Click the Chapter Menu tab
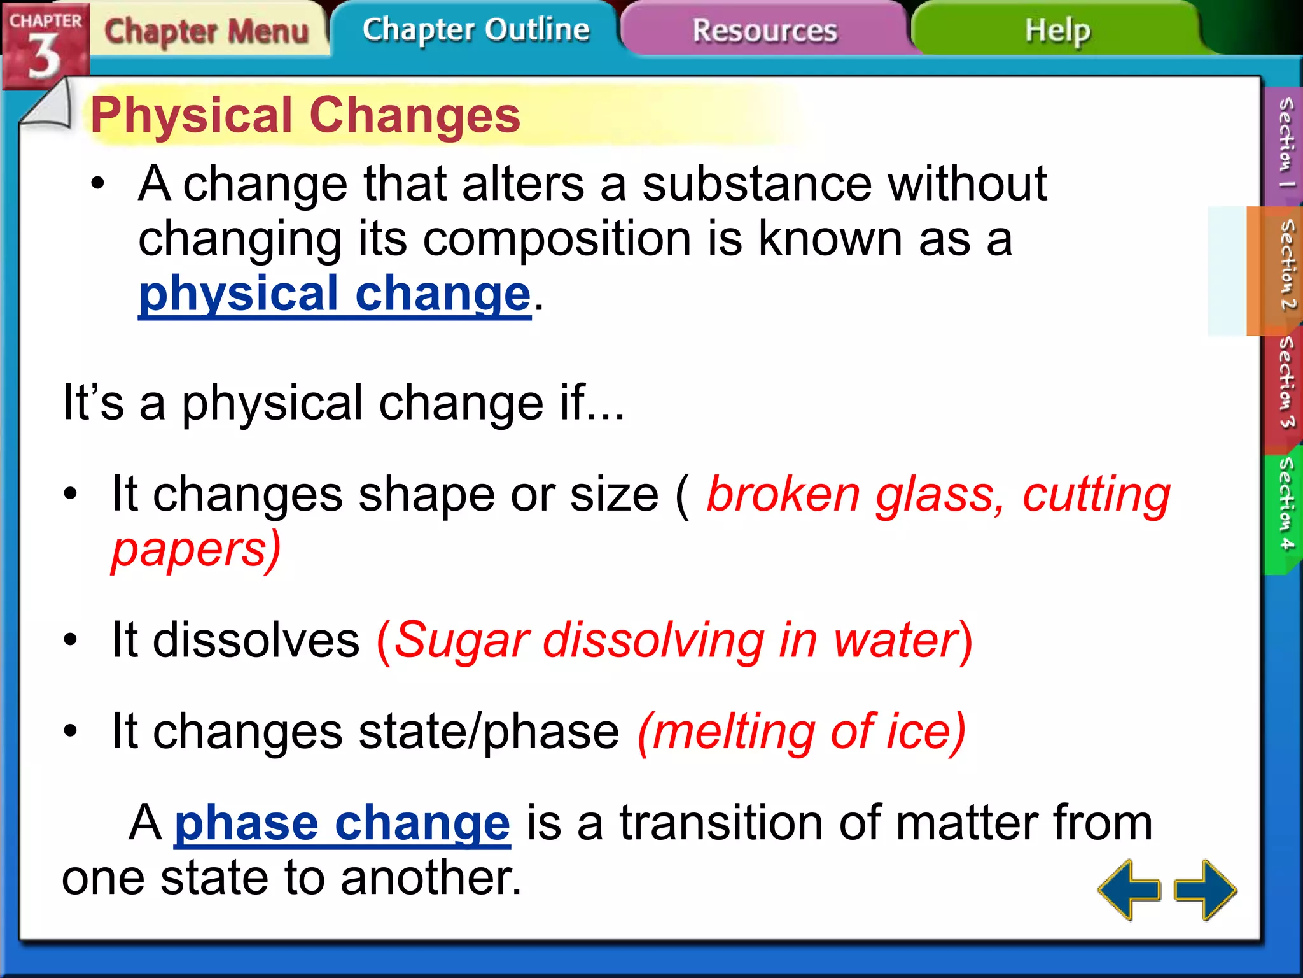coord(206,31)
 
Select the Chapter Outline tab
coord(476,30)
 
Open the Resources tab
coord(765,31)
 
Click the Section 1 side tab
coord(1285,143)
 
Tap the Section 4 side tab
coord(1285,503)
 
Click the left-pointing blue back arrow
coord(1129,889)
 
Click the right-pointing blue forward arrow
coord(1205,889)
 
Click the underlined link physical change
coord(335,294)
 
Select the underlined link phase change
coord(342,823)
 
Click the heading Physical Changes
coord(305,115)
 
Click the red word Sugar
coord(462,640)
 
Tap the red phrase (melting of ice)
coord(802,732)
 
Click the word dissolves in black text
coord(256,640)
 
